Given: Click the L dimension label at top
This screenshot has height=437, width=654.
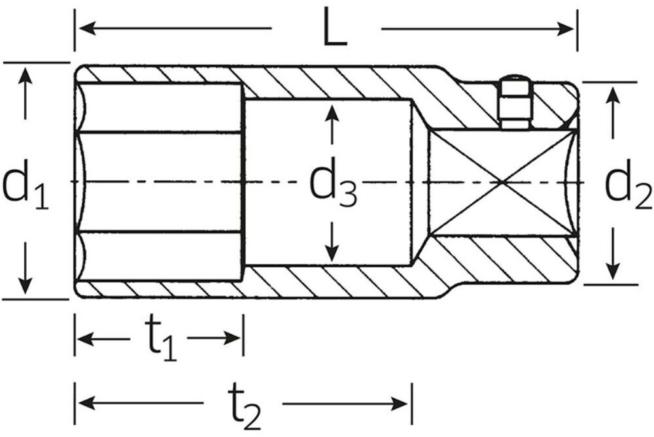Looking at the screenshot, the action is click(335, 28).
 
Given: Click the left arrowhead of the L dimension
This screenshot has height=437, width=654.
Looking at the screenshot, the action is click(86, 29).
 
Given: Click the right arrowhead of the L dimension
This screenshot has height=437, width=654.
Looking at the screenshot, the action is click(567, 29).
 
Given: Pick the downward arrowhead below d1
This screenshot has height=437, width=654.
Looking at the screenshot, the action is click(26, 285).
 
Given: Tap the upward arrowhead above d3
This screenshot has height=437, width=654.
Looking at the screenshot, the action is click(332, 112).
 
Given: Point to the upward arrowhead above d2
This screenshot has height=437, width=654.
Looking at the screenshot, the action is click(612, 95).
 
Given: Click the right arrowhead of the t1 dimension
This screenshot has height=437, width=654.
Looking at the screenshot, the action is click(233, 338).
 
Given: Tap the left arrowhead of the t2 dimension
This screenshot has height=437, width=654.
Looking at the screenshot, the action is click(86, 403).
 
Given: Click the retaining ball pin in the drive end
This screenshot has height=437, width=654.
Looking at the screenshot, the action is click(516, 102).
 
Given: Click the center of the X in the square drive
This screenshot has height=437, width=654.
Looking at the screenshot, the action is click(502, 182).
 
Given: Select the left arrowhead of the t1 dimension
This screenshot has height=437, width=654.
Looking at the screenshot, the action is click(86, 338).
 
